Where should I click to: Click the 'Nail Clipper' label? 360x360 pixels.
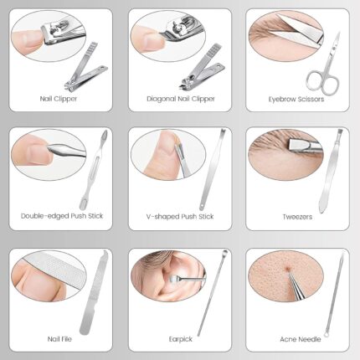coord(59,99)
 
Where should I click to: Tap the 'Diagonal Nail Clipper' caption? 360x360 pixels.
coord(181,99)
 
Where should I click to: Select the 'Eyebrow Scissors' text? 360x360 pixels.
coord(296,99)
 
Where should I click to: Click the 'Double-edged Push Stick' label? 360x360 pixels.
coord(62,216)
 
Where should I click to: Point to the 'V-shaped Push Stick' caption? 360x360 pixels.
coord(180,217)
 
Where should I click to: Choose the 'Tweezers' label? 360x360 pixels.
coord(297,217)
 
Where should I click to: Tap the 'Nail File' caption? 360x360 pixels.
coord(59,339)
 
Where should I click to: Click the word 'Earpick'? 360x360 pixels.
coord(181,339)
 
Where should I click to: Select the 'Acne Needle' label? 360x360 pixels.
coord(301,339)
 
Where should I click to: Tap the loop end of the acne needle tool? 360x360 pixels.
coord(327,333)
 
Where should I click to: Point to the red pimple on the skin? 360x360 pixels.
coord(287,269)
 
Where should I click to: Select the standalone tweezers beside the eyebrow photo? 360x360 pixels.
coord(331,170)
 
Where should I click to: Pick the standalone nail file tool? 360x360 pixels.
coord(93,292)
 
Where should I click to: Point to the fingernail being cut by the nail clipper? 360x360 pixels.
coord(33,39)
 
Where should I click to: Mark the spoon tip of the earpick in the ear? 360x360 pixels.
coord(173,278)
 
